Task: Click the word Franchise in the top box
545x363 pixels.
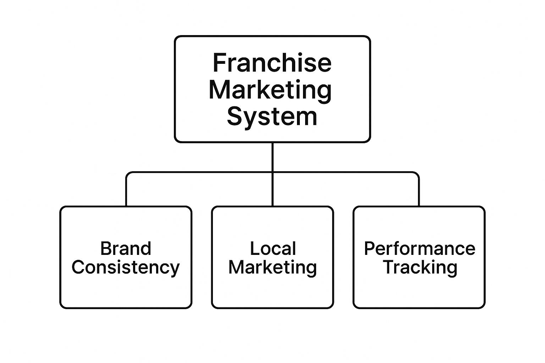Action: click(272, 63)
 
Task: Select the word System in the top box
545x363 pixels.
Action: click(272, 117)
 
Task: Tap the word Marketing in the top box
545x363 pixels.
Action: click(270, 90)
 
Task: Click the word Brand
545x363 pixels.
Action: click(126, 248)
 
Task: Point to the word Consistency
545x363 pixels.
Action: click(126, 267)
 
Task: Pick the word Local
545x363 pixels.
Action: click(273, 248)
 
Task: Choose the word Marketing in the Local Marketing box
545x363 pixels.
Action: click(272, 267)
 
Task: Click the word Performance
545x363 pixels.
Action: click(419, 248)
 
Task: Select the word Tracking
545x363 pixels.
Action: click(420, 267)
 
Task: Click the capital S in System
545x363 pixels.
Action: click(235, 117)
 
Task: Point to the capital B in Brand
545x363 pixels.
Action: click(105, 248)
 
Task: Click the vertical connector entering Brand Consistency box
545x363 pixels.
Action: click(126, 193)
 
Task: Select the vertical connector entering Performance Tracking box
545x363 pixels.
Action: click(419, 193)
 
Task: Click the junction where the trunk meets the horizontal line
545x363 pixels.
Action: click(272, 173)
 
